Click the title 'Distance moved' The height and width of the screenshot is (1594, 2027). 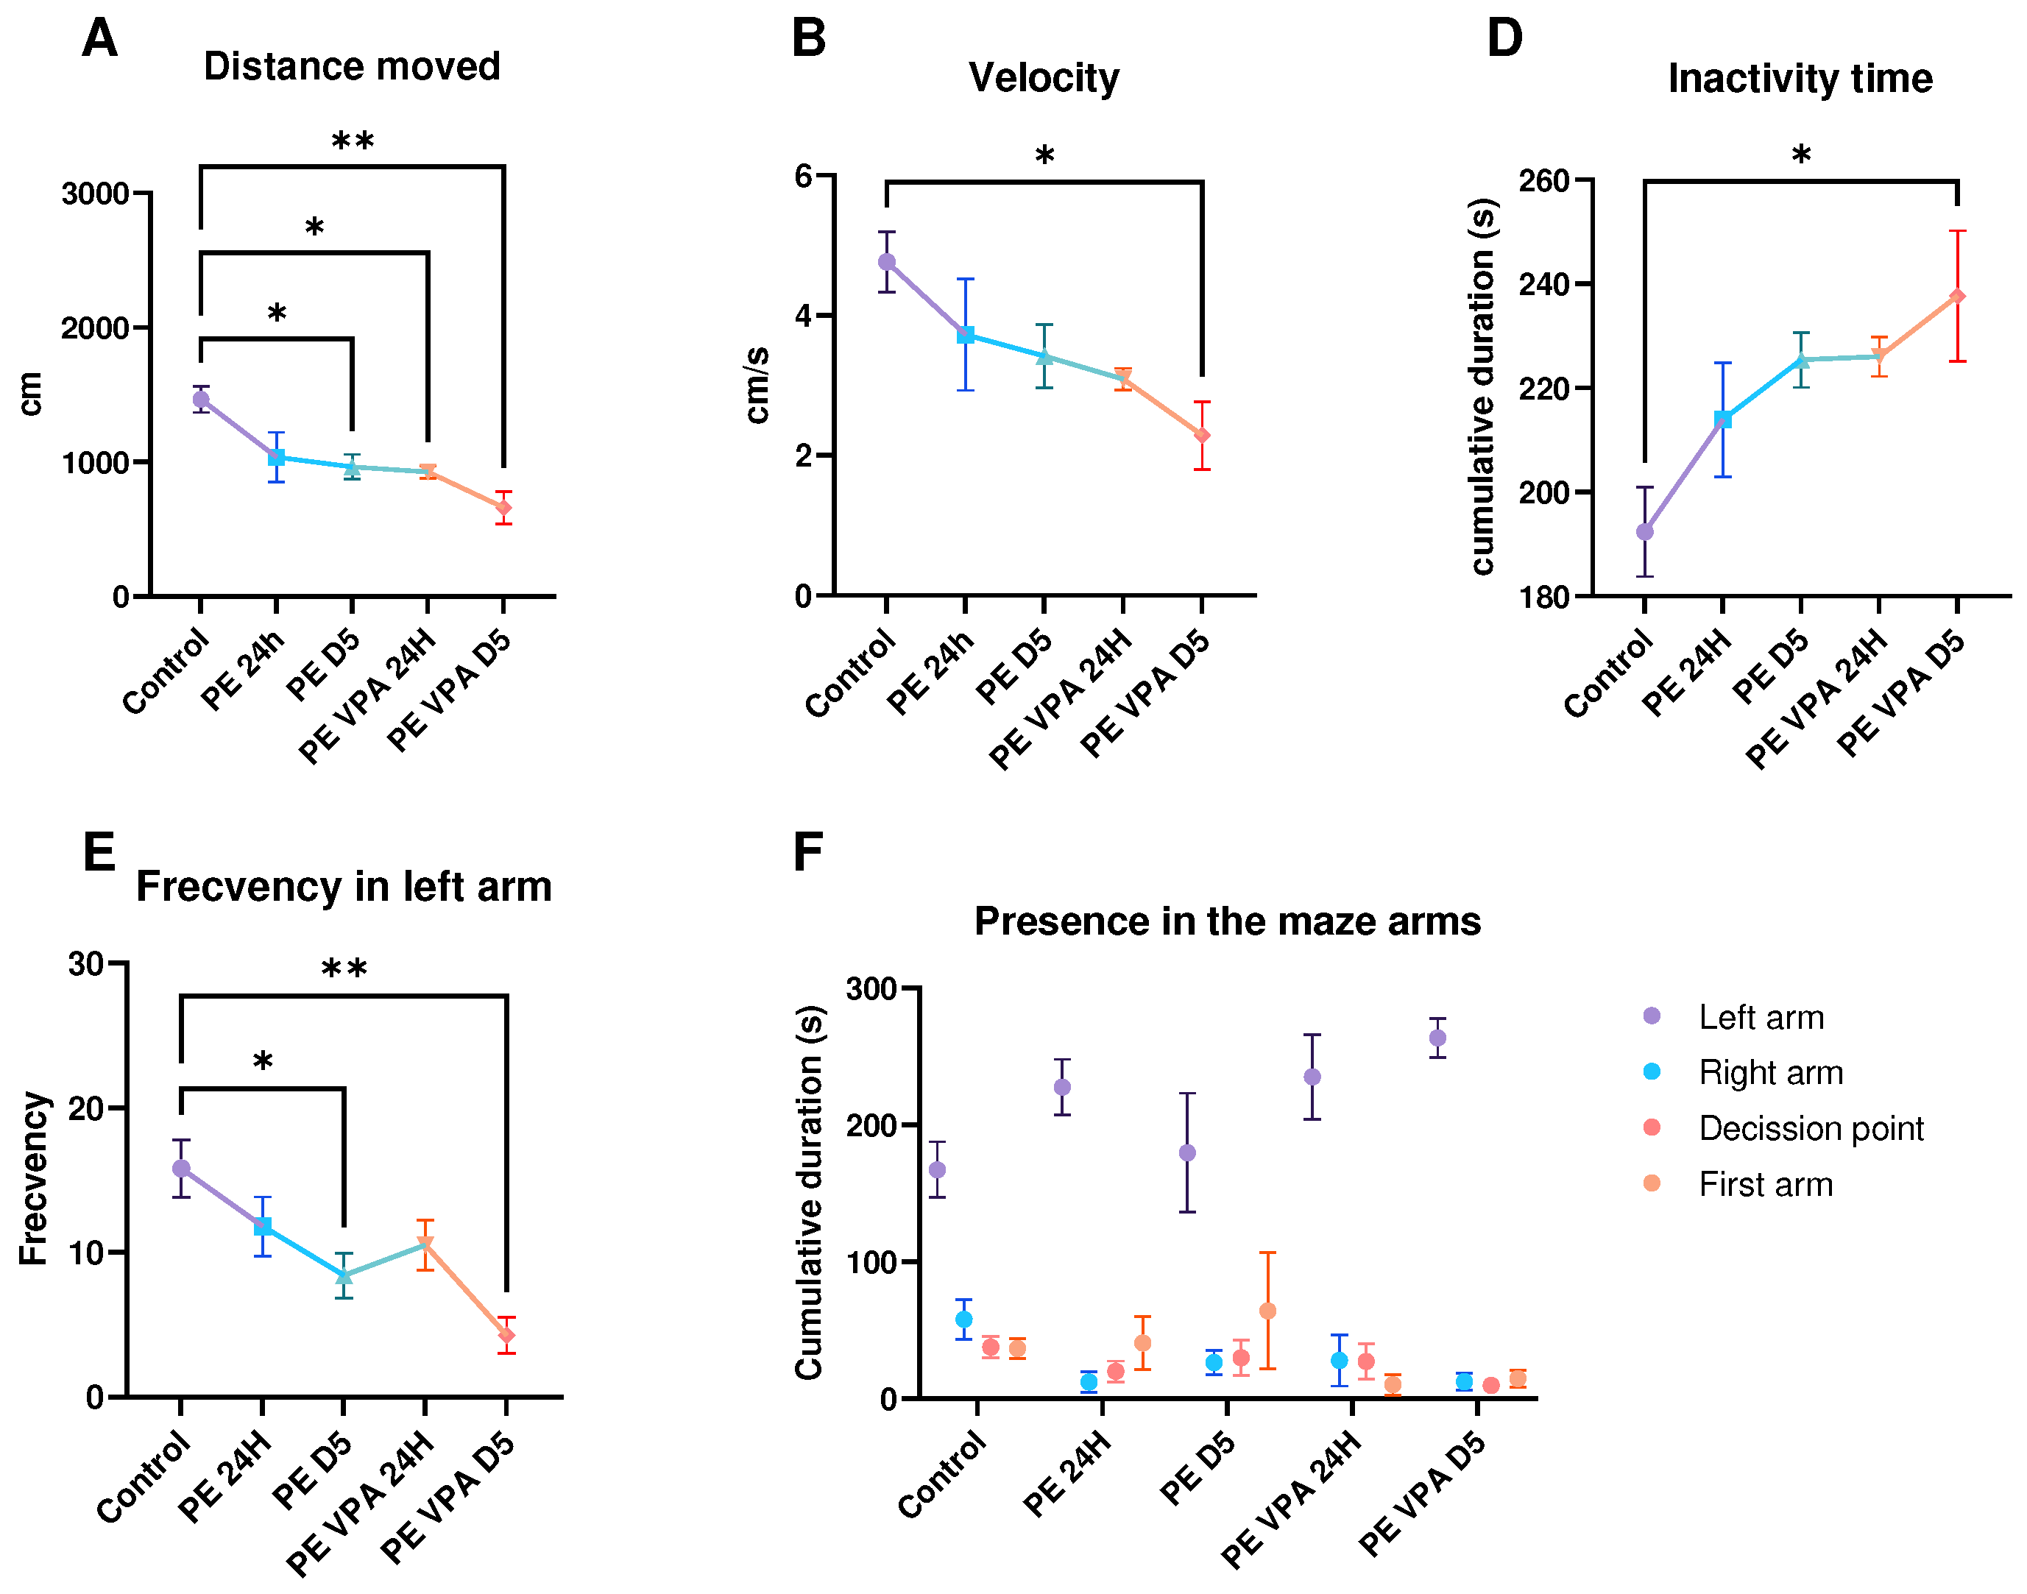(x=352, y=66)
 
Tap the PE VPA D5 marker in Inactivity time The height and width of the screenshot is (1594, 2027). (x=1957, y=297)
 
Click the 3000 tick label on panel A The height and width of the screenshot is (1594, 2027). (x=94, y=194)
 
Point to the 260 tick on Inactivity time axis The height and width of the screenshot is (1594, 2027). (x=1543, y=180)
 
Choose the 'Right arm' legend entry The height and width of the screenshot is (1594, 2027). (x=1770, y=1072)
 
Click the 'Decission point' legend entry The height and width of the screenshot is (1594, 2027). (x=1811, y=1128)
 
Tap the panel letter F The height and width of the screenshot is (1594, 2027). (x=808, y=852)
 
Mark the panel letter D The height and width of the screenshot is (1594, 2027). (x=1504, y=39)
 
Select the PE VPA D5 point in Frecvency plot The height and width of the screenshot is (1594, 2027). (x=506, y=1336)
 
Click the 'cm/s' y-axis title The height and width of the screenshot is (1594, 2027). (x=758, y=384)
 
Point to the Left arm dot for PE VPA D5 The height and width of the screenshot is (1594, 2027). (x=1437, y=1038)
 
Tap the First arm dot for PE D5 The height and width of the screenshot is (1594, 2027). (x=1267, y=1311)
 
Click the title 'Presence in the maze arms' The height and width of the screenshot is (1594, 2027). (x=1227, y=922)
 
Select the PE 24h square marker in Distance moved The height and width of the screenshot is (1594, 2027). (x=276, y=457)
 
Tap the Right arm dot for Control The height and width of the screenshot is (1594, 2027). (x=963, y=1320)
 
